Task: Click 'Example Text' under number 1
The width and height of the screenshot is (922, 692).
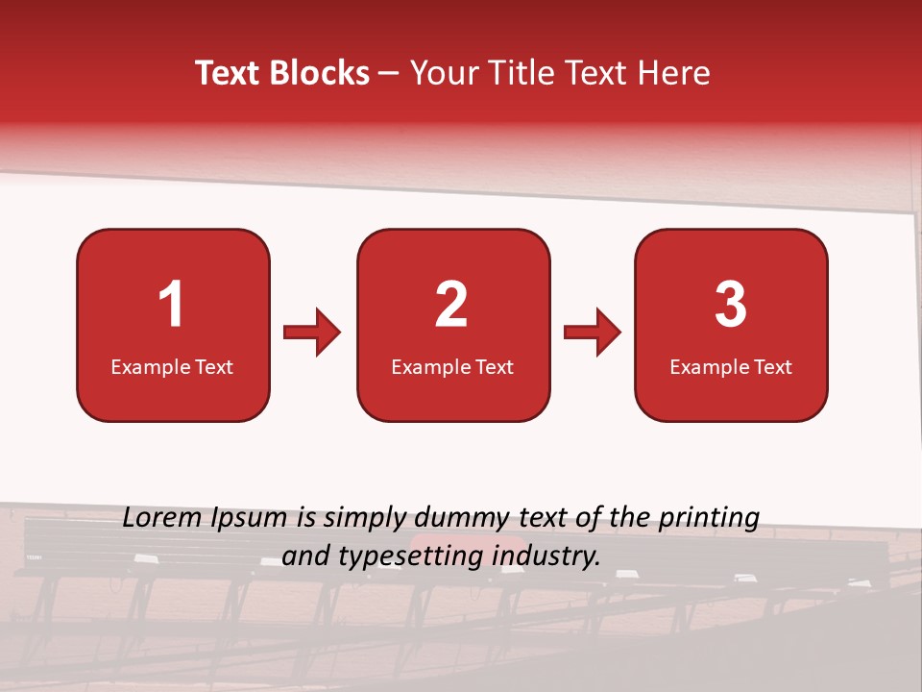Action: (172, 366)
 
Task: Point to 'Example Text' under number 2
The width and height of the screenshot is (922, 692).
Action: (452, 366)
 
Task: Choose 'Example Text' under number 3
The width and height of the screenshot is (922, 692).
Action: (731, 366)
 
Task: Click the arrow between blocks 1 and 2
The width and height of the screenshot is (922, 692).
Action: (313, 333)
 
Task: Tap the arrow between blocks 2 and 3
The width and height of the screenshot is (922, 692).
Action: (593, 333)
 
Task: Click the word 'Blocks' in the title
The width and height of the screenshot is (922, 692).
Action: (320, 73)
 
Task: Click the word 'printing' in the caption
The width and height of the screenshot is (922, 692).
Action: (709, 519)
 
